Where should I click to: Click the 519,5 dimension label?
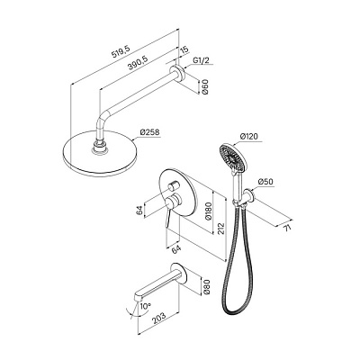[120, 52]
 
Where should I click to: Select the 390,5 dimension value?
[138, 62]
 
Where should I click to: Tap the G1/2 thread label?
[201, 61]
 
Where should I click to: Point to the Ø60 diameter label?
[205, 86]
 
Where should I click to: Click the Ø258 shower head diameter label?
[150, 132]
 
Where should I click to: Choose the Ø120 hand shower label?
[249, 137]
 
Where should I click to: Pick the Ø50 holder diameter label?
[265, 182]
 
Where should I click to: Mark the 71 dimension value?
[288, 228]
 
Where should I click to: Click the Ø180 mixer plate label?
[209, 212]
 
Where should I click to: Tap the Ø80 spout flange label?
[207, 287]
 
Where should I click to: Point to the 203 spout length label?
[158, 318]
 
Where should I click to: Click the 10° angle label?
[145, 307]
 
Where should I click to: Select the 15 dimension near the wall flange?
[185, 50]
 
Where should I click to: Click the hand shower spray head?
[234, 157]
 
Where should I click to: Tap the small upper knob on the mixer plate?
[172, 186]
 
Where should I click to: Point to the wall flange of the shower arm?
[180, 74]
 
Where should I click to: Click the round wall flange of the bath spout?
[183, 274]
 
